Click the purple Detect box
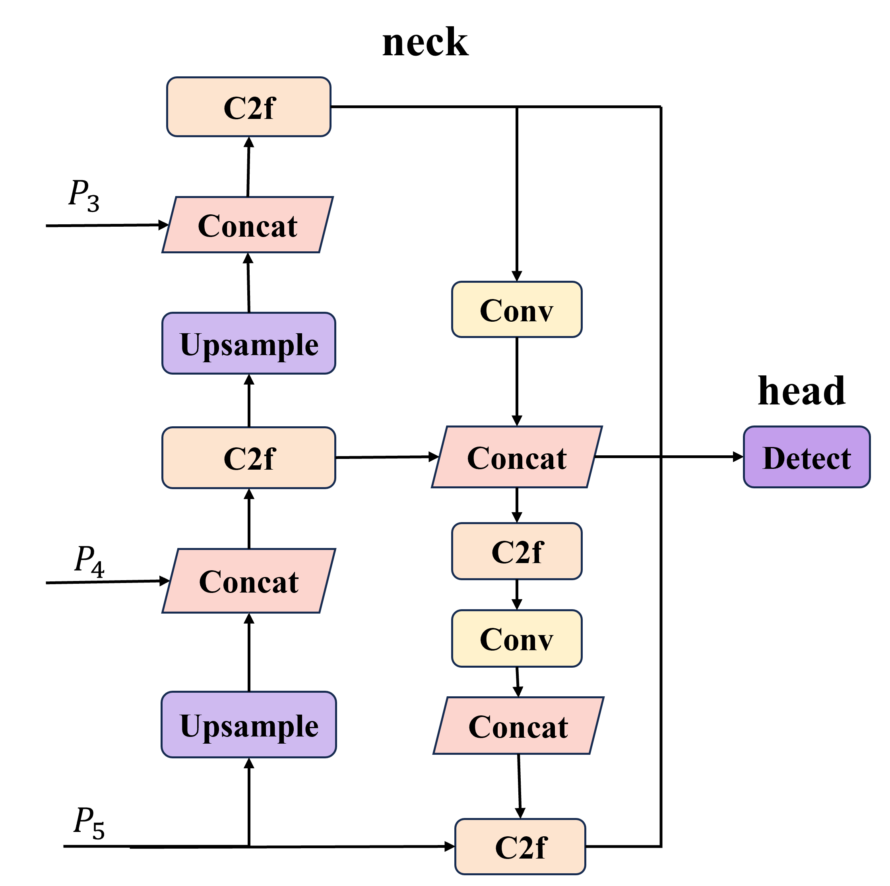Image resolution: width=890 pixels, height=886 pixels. coord(807,457)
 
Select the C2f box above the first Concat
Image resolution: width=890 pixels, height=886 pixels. coord(249,107)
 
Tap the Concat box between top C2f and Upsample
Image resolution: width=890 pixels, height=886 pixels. coord(247,225)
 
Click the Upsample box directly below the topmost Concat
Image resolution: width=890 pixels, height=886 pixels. coord(249,343)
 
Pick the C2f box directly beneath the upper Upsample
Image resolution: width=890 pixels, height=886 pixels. coord(249,457)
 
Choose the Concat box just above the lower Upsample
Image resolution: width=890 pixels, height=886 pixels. coord(249,581)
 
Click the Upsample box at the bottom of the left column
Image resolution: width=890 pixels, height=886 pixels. coord(249,724)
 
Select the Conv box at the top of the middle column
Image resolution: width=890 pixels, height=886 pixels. coord(517,310)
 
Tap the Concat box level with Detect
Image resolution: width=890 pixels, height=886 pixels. coord(517,457)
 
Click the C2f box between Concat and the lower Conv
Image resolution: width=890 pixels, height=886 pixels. coord(517,551)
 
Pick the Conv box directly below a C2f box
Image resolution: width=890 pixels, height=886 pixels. coord(517,639)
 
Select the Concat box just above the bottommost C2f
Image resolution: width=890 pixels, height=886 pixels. coord(518,726)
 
